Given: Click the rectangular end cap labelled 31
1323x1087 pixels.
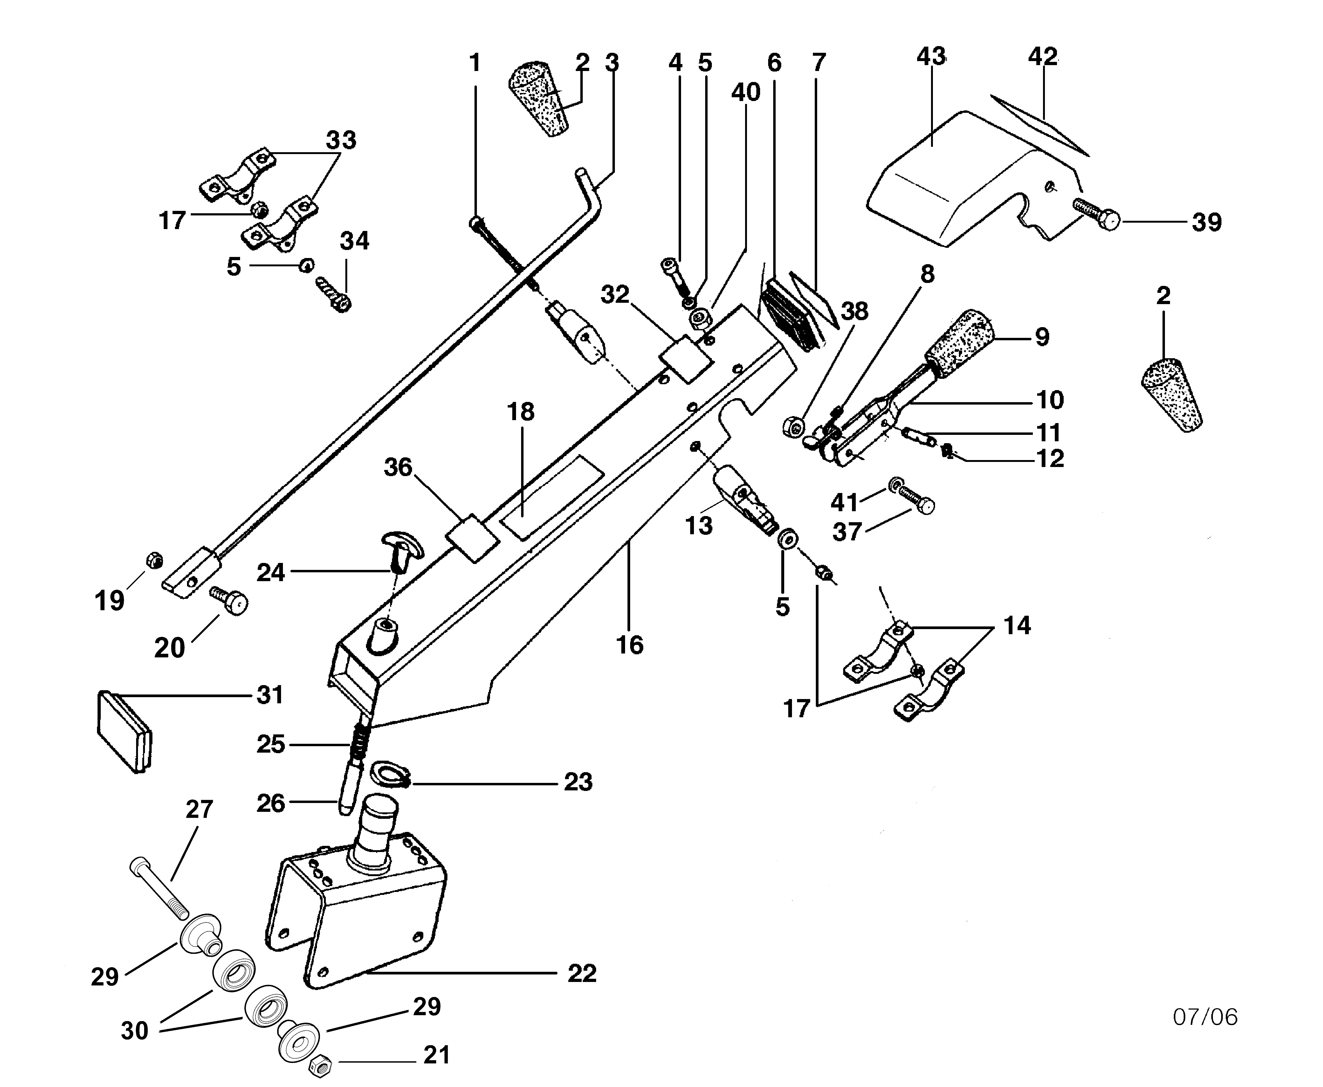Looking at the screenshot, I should [124, 731].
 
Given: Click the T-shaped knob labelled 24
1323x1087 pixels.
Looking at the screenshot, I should [401, 548].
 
